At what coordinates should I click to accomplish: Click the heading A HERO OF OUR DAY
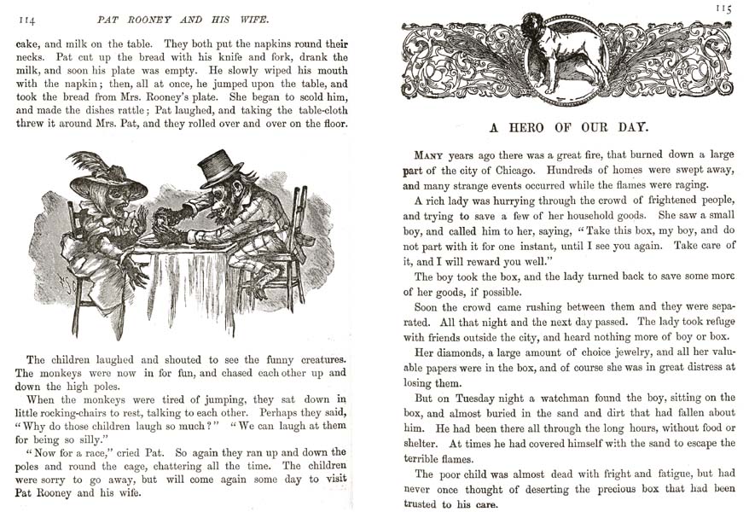(x=568, y=127)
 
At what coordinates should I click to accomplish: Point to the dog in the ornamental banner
(x=566, y=55)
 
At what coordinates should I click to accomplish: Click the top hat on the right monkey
(x=222, y=168)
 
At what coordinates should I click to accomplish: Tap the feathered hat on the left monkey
(x=106, y=177)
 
